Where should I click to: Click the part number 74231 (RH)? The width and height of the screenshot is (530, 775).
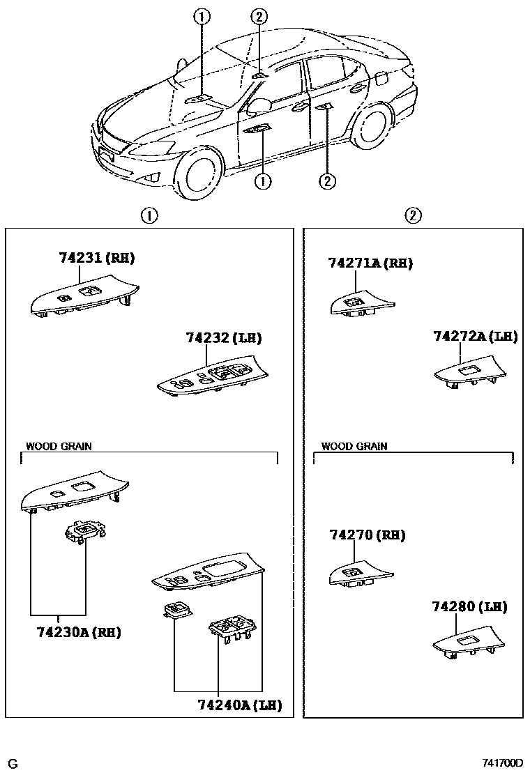coord(96,258)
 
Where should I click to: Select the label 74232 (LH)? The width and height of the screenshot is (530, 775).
coord(223,338)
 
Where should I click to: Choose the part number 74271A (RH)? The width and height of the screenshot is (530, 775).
coord(370,263)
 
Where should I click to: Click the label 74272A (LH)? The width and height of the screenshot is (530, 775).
coord(475,336)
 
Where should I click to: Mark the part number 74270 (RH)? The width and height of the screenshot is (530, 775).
coord(367,535)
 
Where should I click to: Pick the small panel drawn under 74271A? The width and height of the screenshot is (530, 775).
coord(358,304)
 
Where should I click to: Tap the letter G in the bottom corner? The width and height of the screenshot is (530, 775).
coord(12,763)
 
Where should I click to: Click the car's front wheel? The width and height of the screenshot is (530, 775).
coord(202,171)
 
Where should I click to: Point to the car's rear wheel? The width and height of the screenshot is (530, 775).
coord(370,129)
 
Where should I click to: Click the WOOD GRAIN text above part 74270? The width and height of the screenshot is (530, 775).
coord(354,446)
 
